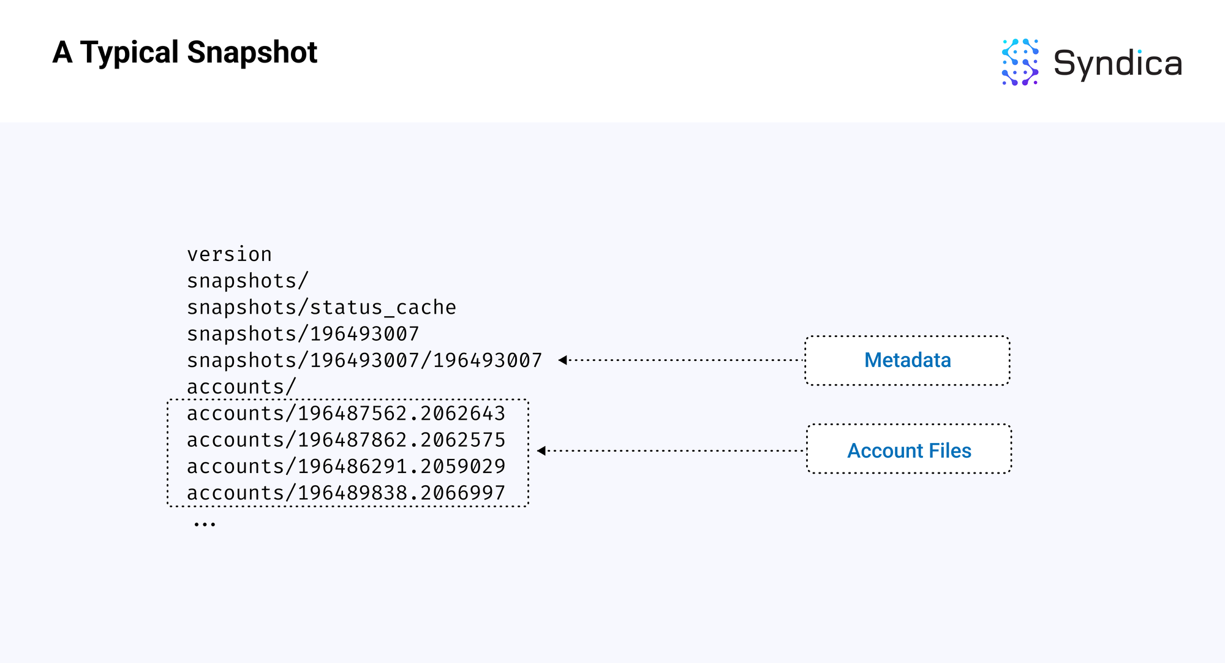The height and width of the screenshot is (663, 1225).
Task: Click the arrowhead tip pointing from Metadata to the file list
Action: click(x=559, y=360)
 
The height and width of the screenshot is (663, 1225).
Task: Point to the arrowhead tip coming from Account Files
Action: click(x=537, y=451)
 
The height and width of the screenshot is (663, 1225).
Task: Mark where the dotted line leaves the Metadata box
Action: click(x=805, y=360)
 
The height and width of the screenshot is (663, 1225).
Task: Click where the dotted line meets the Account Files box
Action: click(x=807, y=451)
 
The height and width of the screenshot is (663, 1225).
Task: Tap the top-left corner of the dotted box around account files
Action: click(x=168, y=400)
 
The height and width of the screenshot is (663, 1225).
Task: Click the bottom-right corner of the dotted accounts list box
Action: click(x=528, y=506)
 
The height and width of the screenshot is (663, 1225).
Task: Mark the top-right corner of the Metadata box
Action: click(x=1009, y=336)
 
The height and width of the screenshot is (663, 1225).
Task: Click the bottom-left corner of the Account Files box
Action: click(x=807, y=473)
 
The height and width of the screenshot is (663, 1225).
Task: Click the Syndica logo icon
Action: click(x=1020, y=62)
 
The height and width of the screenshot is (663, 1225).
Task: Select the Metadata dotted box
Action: click(x=907, y=360)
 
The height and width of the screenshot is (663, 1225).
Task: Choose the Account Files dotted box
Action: click(x=909, y=449)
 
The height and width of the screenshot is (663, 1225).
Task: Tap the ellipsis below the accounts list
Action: click(x=205, y=524)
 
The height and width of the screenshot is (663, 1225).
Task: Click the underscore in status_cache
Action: click(x=390, y=314)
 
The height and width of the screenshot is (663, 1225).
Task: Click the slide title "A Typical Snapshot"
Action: click(x=185, y=52)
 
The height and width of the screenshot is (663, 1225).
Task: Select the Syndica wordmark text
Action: click(x=1118, y=64)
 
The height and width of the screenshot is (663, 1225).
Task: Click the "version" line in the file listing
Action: click(x=230, y=254)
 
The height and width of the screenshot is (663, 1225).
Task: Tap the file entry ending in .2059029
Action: click(x=346, y=466)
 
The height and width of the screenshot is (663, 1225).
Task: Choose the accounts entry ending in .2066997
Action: click(x=346, y=493)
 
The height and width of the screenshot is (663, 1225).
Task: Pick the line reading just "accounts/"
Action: click(x=242, y=387)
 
